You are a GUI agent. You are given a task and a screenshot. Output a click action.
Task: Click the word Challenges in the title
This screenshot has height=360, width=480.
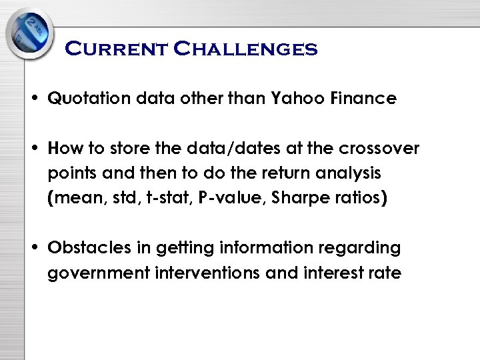click(246, 49)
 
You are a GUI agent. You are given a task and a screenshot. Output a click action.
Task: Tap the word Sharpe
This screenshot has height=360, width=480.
click(298, 198)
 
